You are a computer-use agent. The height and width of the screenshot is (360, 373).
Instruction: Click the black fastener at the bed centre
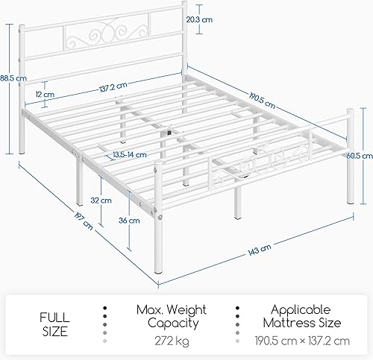[x=169, y=132]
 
